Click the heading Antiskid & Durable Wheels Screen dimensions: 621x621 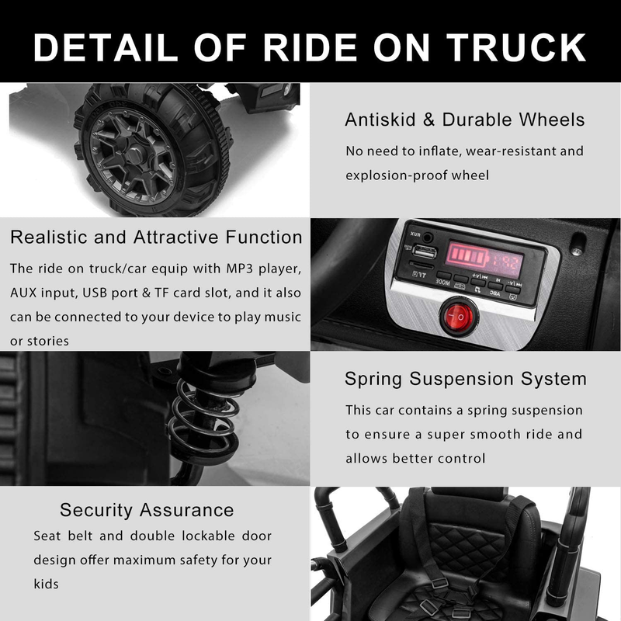click(x=464, y=120)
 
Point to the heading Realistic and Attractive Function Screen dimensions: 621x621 click(x=156, y=237)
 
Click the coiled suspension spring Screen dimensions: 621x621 click(x=203, y=419)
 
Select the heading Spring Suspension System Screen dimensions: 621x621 click(x=465, y=380)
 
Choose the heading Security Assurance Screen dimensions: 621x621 click(x=147, y=510)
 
